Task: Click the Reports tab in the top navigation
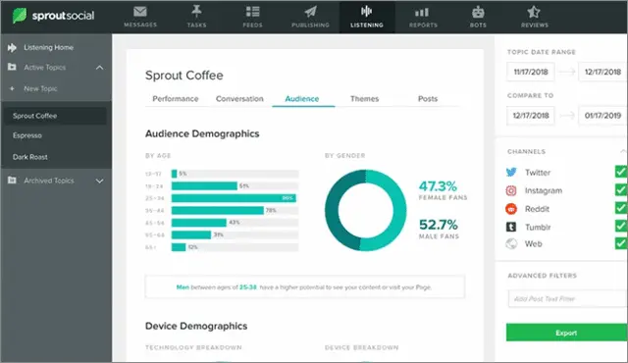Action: (423, 16)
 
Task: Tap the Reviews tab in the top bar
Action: (535, 16)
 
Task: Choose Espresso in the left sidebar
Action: (27, 135)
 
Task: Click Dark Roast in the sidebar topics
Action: (30, 156)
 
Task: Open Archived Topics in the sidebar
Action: (49, 181)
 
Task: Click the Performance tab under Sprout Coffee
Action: (175, 99)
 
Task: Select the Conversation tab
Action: (238, 99)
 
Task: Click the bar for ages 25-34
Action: (234, 197)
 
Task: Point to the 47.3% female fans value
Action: (437, 185)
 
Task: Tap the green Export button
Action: (566, 334)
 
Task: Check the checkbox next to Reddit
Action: (620, 208)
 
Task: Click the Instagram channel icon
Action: (511, 190)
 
